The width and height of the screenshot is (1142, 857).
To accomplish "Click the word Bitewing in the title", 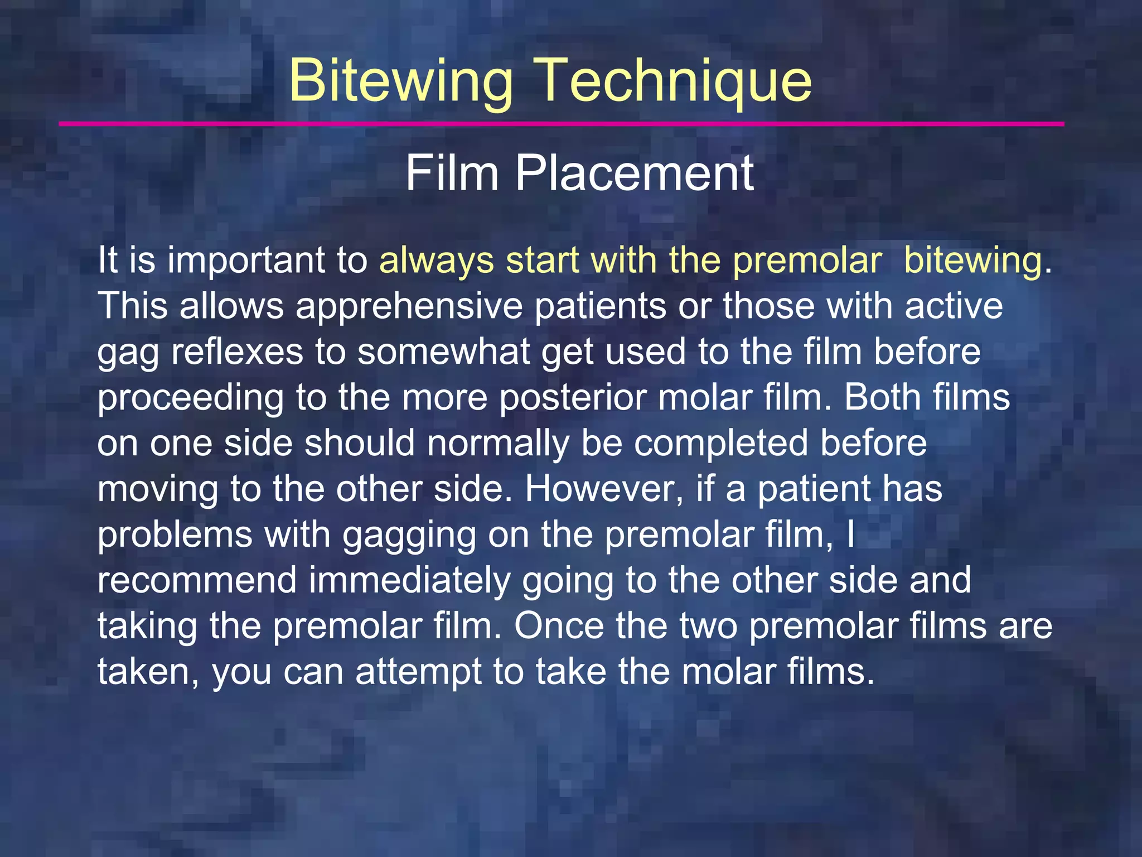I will tap(400, 81).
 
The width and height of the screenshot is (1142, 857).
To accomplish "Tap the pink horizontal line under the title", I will tap(561, 124).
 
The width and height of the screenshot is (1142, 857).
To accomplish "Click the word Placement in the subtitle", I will tap(635, 174).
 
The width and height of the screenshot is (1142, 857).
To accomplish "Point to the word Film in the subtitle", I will tap(452, 174).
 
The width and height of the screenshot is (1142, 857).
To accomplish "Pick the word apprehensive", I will tap(409, 307).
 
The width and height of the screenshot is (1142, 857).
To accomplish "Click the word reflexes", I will tap(237, 353).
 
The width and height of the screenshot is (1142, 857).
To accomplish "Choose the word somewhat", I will tap(444, 353).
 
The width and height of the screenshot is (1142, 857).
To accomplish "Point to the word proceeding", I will tap(190, 398).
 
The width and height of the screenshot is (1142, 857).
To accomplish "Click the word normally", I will tap(493, 444).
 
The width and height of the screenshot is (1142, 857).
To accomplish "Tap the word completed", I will tap(721, 444).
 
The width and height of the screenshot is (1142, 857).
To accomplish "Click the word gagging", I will tap(409, 536).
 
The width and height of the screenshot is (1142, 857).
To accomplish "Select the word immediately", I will tap(410, 581).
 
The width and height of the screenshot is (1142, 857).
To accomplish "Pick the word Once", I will tap(559, 626).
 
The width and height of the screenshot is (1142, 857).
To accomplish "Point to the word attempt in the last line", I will tap(418, 672).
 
